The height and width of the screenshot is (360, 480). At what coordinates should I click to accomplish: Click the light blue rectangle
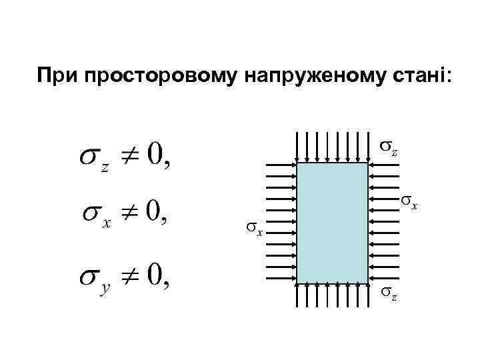pyautogui.click(x=332, y=223)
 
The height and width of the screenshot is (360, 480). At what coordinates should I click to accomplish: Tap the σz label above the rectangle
pyautogui.click(x=389, y=147)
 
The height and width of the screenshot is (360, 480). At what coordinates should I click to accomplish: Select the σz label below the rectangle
pyautogui.click(x=389, y=293)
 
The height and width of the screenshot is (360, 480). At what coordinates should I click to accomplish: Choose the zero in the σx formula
pyautogui.click(x=155, y=213)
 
